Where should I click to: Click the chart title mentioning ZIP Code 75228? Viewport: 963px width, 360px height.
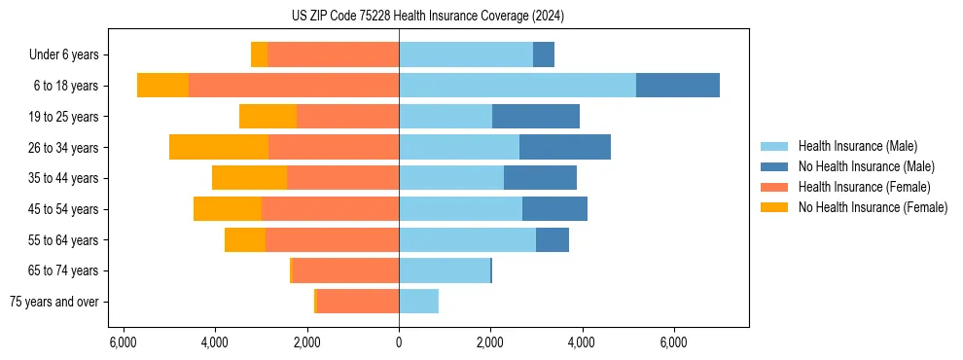tap(427, 17)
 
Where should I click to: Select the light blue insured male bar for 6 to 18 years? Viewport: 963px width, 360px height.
tap(517, 86)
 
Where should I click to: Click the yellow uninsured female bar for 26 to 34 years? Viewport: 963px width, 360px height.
tap(218, 147)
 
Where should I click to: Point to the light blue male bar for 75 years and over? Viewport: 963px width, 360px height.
tap(418, 302)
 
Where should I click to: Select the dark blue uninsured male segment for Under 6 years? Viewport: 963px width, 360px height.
tap(543, 54)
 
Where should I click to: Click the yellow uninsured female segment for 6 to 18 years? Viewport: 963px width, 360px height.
tap(162, 86)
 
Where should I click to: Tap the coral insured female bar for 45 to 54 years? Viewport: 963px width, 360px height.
tap(330, 209)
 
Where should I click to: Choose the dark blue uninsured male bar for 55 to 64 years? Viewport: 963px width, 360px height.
tap(552, 239)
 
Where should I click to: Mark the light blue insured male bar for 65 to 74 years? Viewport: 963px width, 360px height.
tap(444, 270)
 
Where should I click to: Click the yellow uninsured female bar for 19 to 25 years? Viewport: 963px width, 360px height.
tap(267, 117)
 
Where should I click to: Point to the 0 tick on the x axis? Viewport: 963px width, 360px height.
tap(399, 342)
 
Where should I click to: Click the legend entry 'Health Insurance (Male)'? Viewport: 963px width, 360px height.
tap(857, 146)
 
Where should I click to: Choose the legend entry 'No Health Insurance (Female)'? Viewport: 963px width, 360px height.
tap(873, 207)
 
